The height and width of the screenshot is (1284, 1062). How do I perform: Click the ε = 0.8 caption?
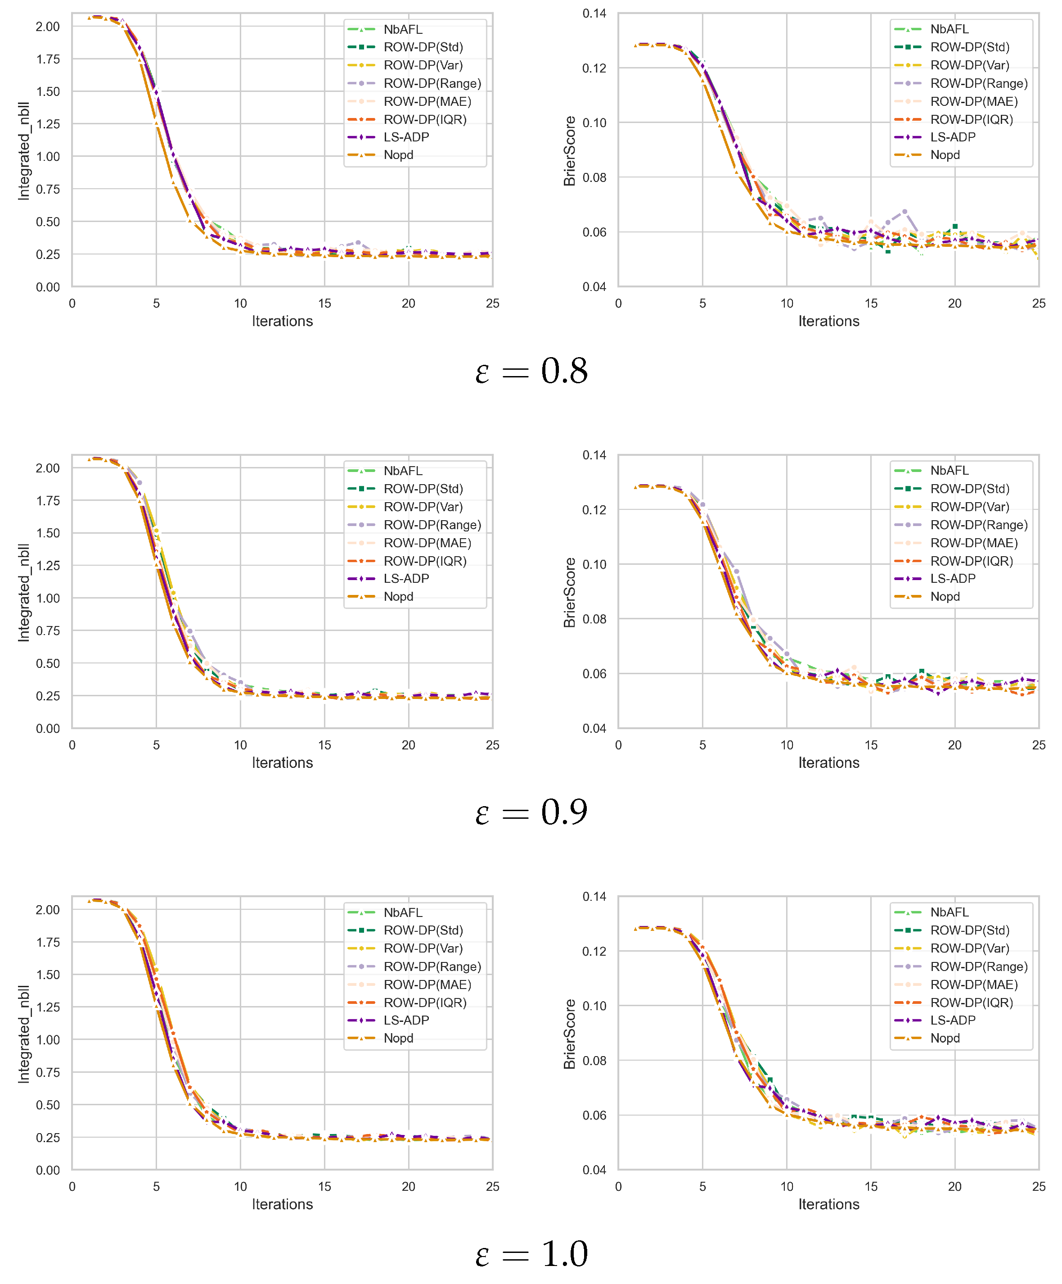click(x=531, y=371)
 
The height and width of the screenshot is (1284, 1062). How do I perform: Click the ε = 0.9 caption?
click(x=531, y=812)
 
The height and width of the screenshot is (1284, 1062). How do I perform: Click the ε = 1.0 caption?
click(x=531, y=1253)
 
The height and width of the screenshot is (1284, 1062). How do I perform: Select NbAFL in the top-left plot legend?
click(x=403, y=29)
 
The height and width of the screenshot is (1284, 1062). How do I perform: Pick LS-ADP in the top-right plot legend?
click(x=952, y=137)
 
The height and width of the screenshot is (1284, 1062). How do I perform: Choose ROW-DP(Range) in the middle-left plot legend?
click(x=432, y=525)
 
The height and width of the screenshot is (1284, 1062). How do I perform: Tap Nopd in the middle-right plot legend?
click(x=945, y=596)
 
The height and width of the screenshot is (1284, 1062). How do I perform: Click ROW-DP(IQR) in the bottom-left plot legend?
click(x=425, y=1002)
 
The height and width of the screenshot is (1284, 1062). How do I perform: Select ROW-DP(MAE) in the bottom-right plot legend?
click(x=973, y=985)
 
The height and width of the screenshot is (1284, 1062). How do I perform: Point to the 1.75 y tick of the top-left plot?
click(x=48, y=59)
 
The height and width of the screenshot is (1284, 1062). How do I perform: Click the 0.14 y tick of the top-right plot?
click(x=594, y=14)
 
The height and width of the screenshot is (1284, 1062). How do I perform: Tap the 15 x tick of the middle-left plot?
click(x=324, y=745)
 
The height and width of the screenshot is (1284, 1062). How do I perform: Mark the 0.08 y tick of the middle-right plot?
click(x=594, y=619)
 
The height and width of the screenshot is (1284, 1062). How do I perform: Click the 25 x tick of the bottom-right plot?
click(x=1038, y=1186)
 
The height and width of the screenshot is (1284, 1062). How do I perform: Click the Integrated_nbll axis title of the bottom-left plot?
click(x=23, y=1034)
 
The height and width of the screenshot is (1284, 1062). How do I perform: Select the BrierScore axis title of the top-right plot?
click(x=570, y=151)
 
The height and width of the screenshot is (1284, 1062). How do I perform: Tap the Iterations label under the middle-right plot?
click(x=828, y=762)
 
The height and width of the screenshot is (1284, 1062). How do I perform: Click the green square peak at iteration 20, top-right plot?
click(x=954, y=226)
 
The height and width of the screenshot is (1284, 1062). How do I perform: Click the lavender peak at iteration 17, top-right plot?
click(x=904, y=212)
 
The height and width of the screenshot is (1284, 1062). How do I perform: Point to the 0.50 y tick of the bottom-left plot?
click(x=48, y=1105)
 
